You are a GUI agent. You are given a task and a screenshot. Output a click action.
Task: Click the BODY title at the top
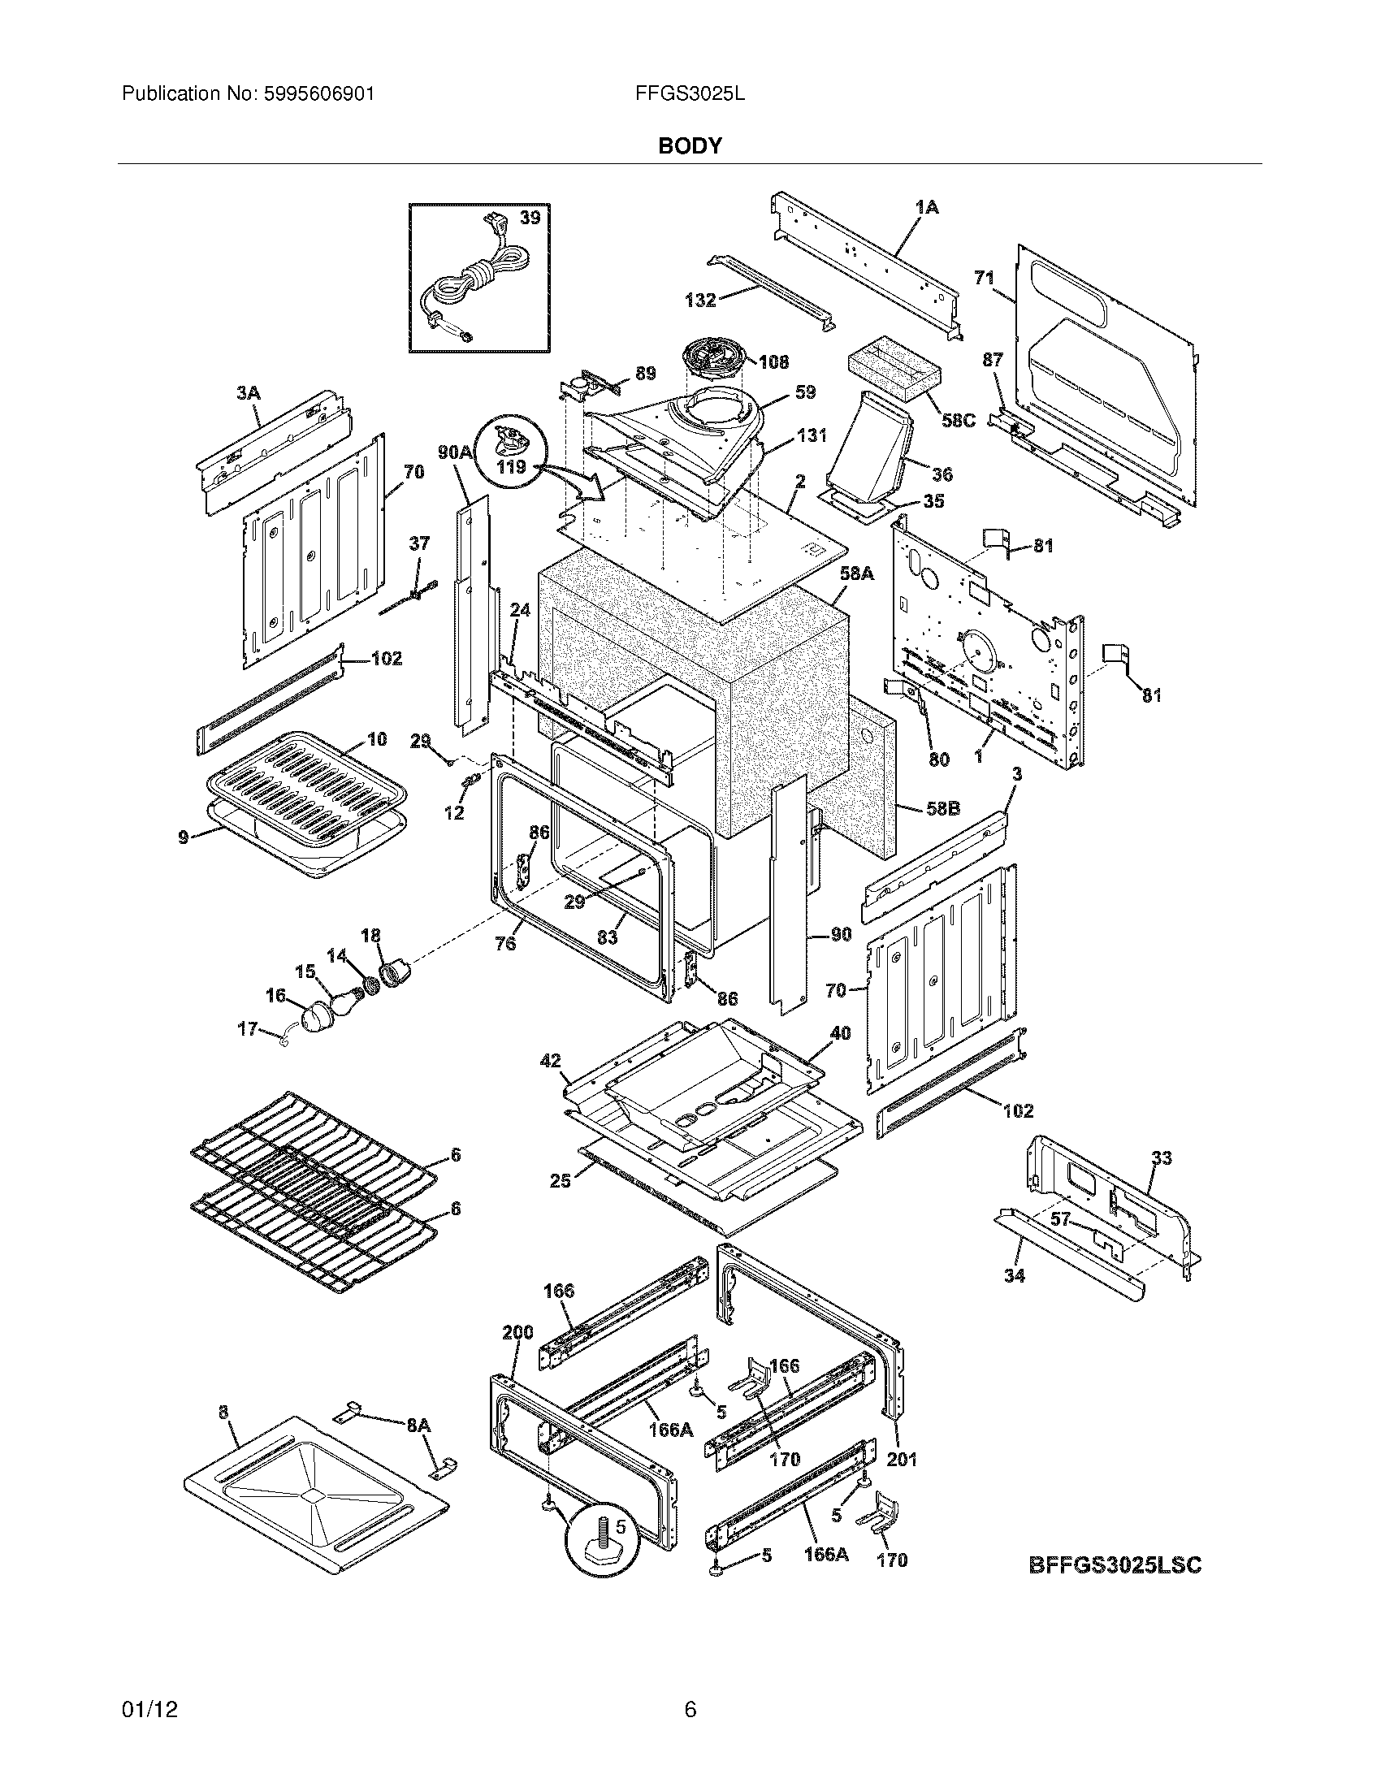click(x=690, y=145)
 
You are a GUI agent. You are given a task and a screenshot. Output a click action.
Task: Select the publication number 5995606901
click(x=318, y=94)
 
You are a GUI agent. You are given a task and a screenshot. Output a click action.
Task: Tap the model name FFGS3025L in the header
click(x=689, y=94)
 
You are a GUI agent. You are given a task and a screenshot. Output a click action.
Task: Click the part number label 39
click(x=530, y=218)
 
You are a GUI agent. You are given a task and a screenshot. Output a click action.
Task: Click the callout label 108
click(x=773, y=361)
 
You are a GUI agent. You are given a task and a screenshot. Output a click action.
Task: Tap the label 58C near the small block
click(x=958, y=421)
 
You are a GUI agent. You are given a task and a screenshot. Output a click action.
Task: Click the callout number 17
click(x=247, y=1028)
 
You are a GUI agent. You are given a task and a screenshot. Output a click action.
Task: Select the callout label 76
click(x=505, y=943)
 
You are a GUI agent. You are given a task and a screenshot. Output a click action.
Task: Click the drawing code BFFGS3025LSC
click(x=1115, y=1565)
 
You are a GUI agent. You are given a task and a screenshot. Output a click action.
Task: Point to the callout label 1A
click(x=926, y=208)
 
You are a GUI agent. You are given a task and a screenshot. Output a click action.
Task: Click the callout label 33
click(x=1161, y=1157)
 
